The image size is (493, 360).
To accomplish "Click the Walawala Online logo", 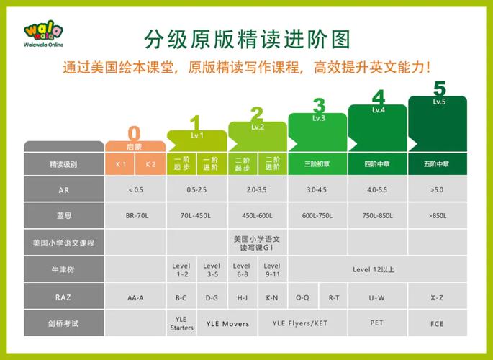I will point(43,36).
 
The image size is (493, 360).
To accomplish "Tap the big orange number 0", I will point(135,133).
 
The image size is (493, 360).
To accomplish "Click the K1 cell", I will point(121,164).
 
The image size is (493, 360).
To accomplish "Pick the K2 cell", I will point(150,164).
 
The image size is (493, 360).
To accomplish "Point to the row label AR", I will point(64,190).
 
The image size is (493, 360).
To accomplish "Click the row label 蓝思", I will point(64,216).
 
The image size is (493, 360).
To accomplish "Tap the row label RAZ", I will point(64,297).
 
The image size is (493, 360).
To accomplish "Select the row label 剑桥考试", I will point(64,323).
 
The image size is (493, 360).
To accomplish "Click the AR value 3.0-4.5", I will point(317,190).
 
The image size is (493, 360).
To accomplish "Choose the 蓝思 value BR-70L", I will point(135,216).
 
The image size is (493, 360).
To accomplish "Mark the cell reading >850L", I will point(438,216).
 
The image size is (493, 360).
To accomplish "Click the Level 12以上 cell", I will point(374,270).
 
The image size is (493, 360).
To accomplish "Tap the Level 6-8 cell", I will point(242,270).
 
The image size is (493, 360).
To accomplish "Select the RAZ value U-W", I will point(376,297).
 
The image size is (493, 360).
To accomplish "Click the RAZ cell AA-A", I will point(135,297).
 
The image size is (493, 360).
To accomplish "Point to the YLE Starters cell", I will point(181,323).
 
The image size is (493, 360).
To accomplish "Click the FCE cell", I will point(438,323).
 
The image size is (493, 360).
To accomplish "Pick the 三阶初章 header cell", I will point(317,164).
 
